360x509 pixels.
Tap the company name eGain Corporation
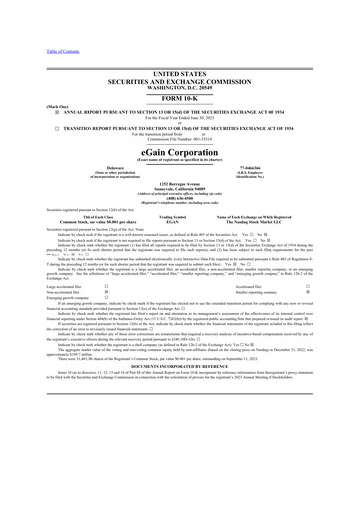click(x=179, y=159)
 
